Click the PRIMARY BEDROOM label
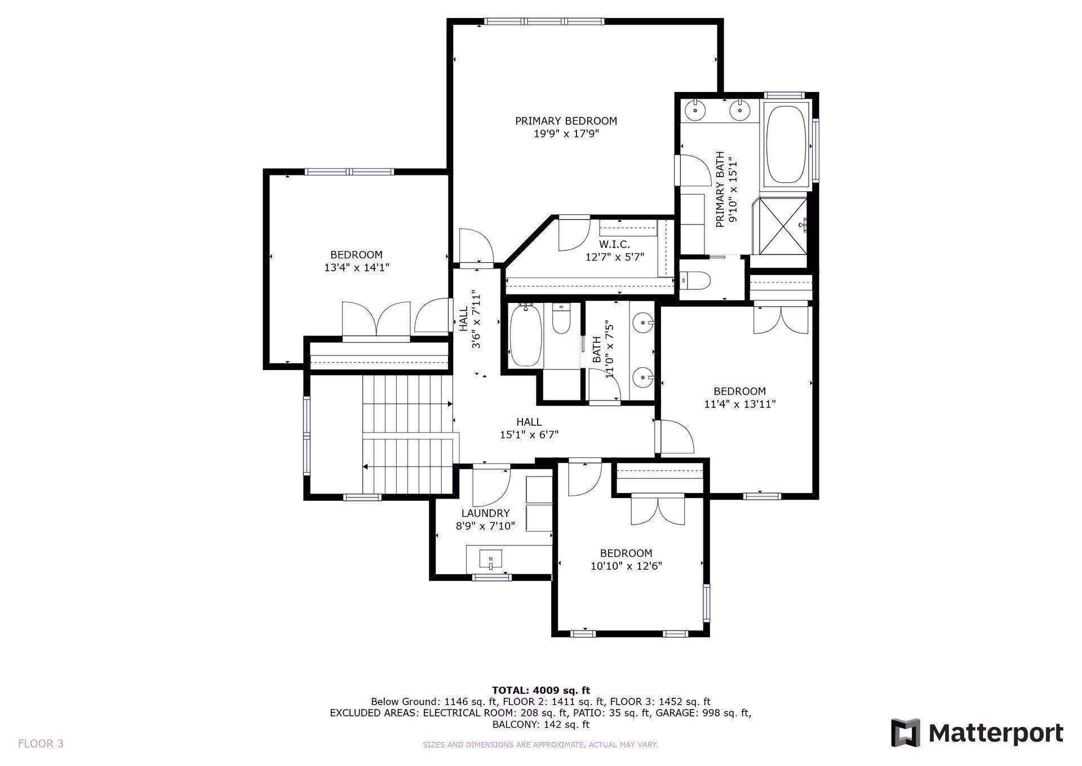click(566, 121)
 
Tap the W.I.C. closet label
click(614, 244)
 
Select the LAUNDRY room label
click(485, 513)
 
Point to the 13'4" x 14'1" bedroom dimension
click(357, 267)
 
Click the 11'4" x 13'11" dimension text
click(740, 404)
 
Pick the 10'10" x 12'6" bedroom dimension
click(626, 566)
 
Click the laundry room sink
click(490, 560)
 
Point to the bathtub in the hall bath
click(526, 336)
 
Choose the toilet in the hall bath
click(561, 319)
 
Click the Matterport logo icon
click(906, 733)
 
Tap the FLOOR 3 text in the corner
click(41, 743)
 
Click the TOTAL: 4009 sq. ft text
click(541, 690)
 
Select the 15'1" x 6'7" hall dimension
click(529, 434)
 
